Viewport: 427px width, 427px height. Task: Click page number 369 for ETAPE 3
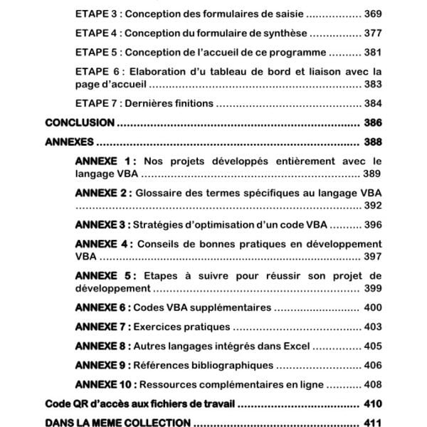pos(372,14)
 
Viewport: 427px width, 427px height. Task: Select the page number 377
pos(372,33)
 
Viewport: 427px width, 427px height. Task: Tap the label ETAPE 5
pos(95,52)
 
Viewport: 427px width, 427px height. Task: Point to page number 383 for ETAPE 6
pos(372,84)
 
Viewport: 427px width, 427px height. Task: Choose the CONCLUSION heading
pos(80,122)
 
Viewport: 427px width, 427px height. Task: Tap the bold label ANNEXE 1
pos(105,161)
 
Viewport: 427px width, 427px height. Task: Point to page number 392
pos(372,206)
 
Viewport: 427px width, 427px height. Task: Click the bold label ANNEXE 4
pos(105,244)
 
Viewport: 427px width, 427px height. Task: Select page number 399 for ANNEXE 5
pos(372,289)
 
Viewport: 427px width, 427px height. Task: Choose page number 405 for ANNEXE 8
pos(372,347)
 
